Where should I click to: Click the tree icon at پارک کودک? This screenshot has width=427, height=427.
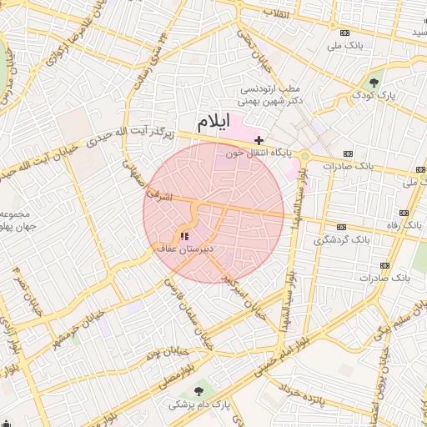pos(374,83)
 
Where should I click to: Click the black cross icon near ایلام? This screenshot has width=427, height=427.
pos(259,139)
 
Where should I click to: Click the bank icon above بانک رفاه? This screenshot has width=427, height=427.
pos(405,213)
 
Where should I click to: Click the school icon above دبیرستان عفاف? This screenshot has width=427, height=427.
pos(184,237)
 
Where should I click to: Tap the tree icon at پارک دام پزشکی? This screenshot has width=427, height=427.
pos(198,390)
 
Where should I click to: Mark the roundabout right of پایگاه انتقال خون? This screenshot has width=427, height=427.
pos(305,155)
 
